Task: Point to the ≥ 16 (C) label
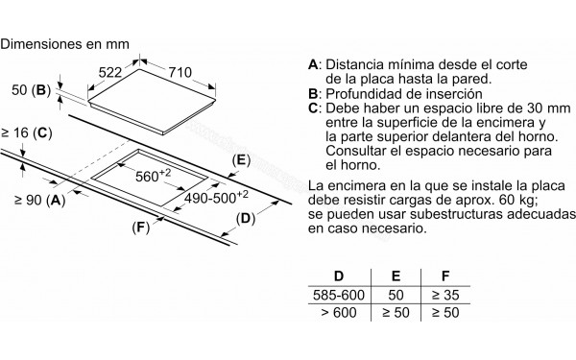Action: tap(25, 131)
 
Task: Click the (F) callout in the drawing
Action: tap(141, 227)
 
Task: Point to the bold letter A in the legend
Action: tap(313, 65)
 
